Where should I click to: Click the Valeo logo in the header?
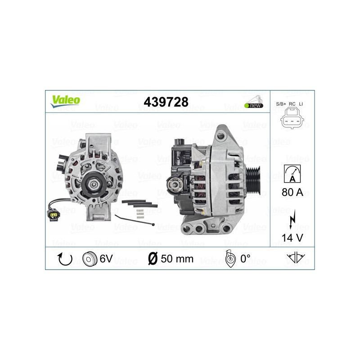coord(65,101)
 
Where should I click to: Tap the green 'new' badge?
coord(254,105)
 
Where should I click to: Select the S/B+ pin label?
coord(281,104)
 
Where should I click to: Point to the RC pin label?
coord(292,104)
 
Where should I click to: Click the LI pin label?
coord(301,104)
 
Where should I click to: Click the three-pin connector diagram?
coord(292,120)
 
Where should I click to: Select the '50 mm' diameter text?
coord(177,259)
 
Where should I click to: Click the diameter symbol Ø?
coord(153,259)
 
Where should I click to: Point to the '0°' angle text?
coord(245,259)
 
